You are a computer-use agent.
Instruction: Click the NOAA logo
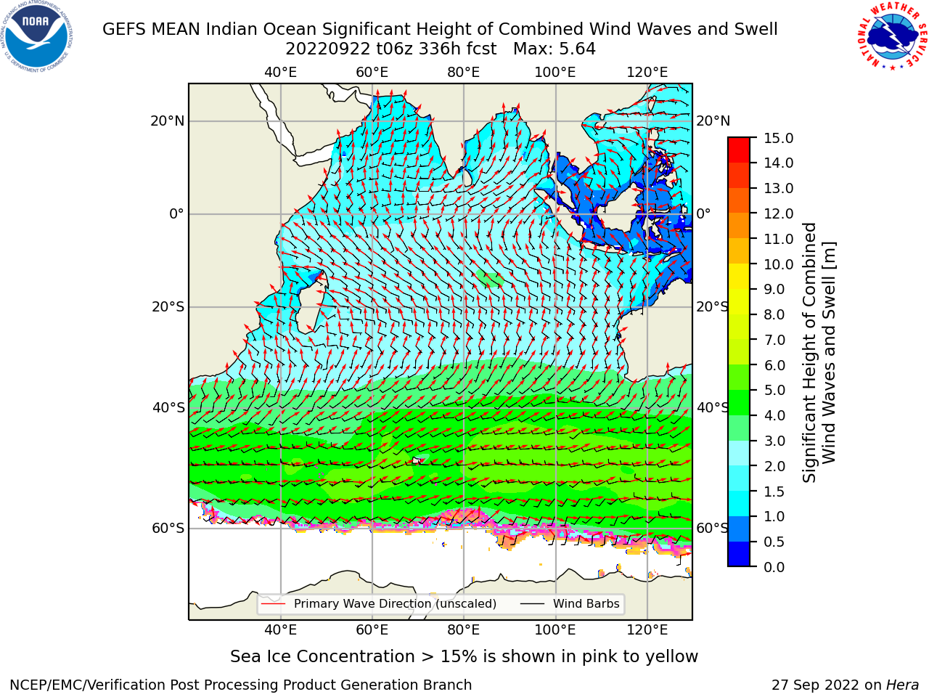(x=36, y=36)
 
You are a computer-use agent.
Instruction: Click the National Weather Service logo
(x=892, y=36)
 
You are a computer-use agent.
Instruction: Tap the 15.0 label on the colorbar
(x=778, y=138)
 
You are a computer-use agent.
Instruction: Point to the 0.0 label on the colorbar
(x=774, y=567)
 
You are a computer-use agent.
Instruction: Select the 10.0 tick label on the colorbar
(x=778, y=264)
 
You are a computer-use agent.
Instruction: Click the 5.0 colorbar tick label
(x=774, y=390)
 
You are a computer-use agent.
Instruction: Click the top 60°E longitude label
(x=372, y=73)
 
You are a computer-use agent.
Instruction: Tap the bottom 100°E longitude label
(x=555, y=630)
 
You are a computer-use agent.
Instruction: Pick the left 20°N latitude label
(x=168, y=121)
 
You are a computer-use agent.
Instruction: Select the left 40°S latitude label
(x=168, y=408)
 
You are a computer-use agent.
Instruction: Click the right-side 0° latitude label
(x=703, y=213)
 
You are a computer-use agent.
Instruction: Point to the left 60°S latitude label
(x=168, y=529)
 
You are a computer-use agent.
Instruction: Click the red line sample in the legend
(x=274, y=604)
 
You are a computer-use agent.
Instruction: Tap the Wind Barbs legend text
(x=586, y=604)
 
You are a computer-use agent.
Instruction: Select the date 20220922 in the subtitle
(x=328, y=49)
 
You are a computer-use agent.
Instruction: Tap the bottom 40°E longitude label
(x=281, y=630)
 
